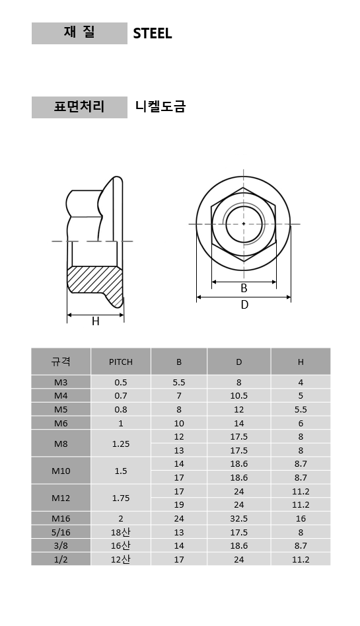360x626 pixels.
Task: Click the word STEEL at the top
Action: coord(152,34)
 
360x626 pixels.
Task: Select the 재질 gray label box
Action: coord(79,33)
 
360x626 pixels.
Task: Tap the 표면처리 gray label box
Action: coord(79,107)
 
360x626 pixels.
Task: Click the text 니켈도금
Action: coord(160,106)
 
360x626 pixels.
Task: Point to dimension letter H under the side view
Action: coord(95,321)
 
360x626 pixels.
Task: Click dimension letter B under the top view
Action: coord(244,288)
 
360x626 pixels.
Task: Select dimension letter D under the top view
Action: coord(244,305)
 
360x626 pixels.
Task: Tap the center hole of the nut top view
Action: coord(244,224)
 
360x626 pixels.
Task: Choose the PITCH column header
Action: coord(121,362)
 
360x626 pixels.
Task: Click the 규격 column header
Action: coord(61,362)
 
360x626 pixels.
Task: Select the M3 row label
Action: coord(61,382)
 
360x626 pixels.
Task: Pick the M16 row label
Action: coord(61,519)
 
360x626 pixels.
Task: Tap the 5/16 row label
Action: coord(61,532)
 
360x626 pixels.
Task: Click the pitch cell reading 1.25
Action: coord(121,444)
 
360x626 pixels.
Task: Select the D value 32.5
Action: coord(238,519)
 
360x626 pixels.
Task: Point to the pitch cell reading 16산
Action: coord(121,546)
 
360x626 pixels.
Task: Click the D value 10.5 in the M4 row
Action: coord(238,396)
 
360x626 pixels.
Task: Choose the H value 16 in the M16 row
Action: coord(301,519)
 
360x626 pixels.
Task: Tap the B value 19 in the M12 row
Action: coord(179,505)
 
